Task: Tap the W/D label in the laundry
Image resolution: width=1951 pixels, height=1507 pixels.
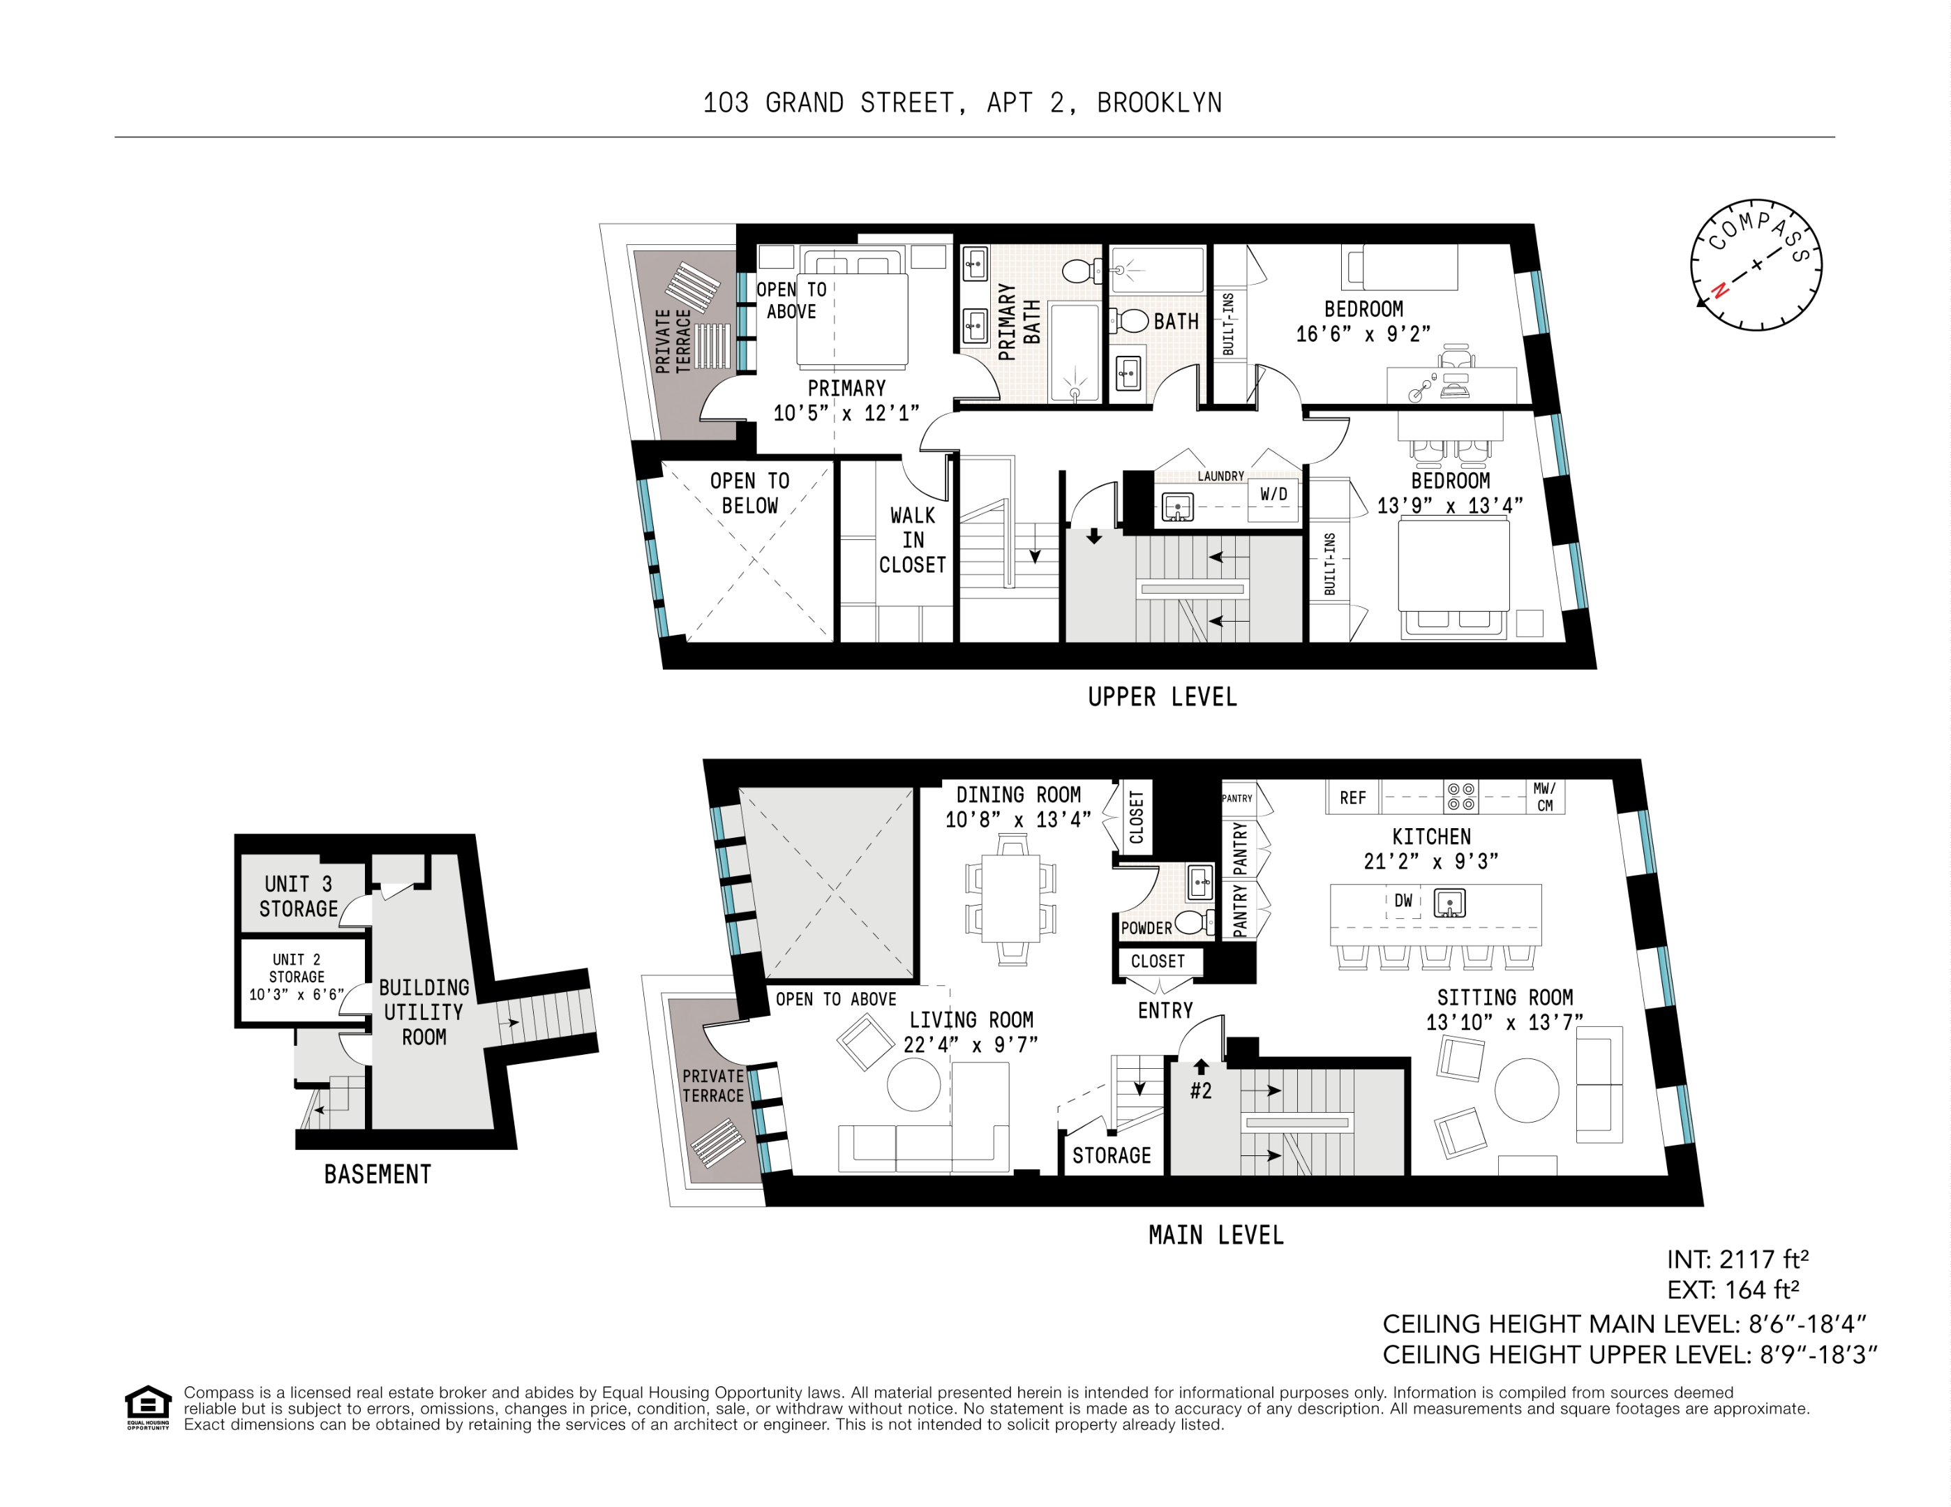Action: tap(1273, 494)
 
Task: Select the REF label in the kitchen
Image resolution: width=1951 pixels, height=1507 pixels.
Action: tap(1352, 797)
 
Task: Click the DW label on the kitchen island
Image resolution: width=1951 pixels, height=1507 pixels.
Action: tap(1403, 901)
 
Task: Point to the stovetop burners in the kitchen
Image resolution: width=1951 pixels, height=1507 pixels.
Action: tap(1460, 797)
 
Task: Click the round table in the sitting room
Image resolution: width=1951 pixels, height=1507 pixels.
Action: tap(1526, 1090)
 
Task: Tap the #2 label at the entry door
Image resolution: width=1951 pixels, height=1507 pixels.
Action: tap(1201, 1090)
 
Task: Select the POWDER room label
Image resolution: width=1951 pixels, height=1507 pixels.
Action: tap(1146, 928)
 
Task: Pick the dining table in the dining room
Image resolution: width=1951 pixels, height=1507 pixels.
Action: tap(1010, 898)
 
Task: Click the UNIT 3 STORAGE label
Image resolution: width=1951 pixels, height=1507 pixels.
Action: tap(299, 896)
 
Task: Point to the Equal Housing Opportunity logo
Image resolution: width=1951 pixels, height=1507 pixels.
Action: tap(147, 1407)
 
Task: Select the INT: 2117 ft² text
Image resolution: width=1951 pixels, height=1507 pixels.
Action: tap(1737, 1259)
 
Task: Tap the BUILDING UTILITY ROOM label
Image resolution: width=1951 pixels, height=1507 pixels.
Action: tap(424, 1012)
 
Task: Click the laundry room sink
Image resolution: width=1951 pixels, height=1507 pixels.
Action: tap(1177, 507)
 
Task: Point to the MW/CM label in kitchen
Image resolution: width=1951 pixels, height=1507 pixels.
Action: tap(1545, 797)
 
